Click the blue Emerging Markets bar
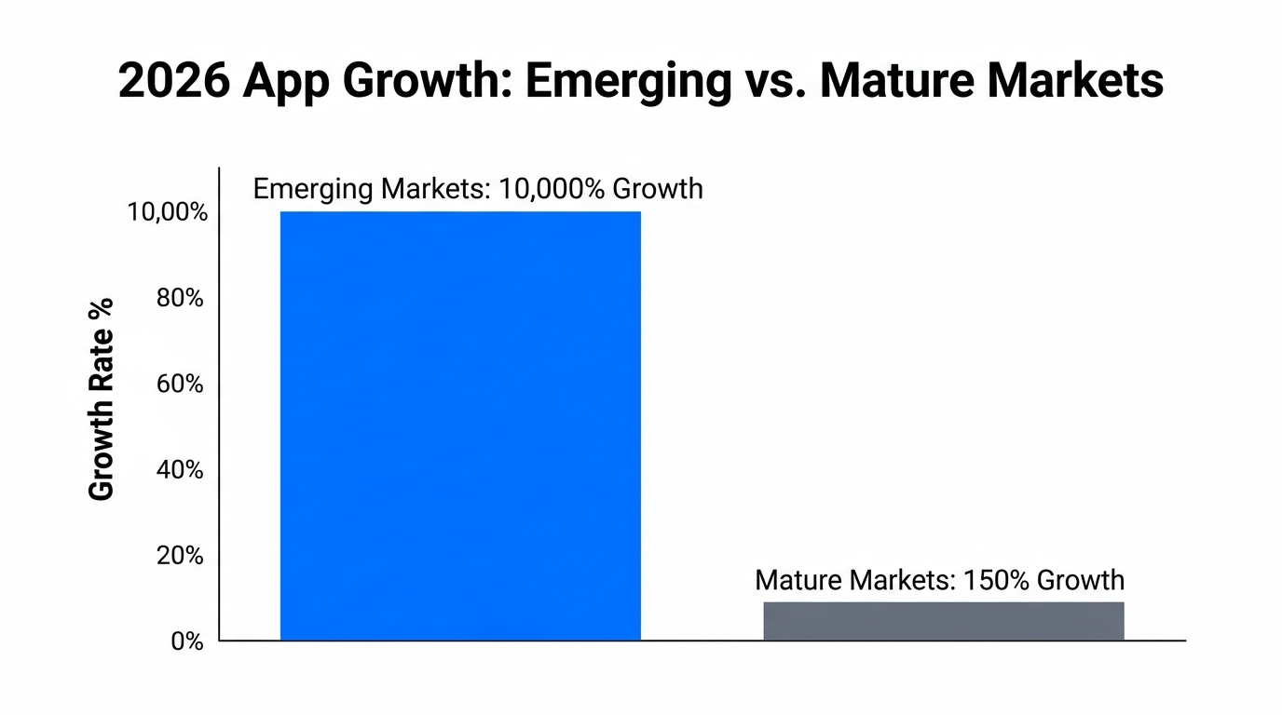(x=460, y=425)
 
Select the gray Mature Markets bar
(x=943, y=621)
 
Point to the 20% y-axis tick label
(x=180, y=556)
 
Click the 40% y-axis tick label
(x=180, y=470)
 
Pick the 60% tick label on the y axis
(x=180, y=384)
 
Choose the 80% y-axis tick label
(x=180, y=298)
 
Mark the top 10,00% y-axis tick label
(x=167, y=212)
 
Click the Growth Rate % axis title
(x=101, y=398)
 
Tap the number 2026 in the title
(x=173, y=82)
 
